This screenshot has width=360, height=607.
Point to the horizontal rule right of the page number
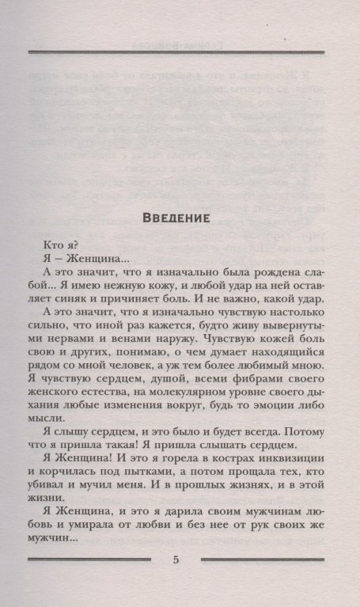click(x=264, y=560)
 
